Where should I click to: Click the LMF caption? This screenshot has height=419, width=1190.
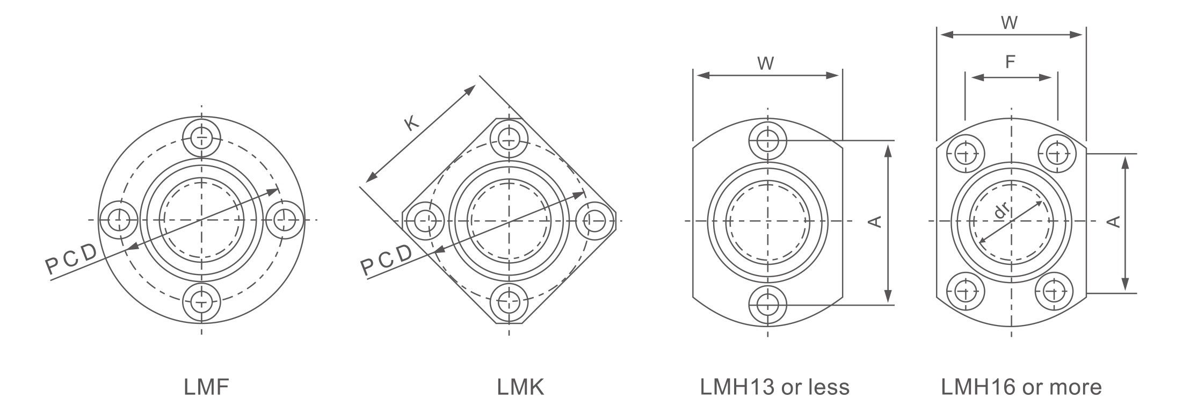click(x=206, y=387)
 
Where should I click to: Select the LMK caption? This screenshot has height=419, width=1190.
click(x=520, y=387)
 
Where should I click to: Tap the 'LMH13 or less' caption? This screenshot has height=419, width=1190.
click(x=775, y=387)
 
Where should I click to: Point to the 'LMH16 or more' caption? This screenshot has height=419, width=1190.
click(x=1021, y=387)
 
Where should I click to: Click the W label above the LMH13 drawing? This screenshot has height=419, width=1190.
click(x=766, y=63)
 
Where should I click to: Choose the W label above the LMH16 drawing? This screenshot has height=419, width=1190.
click(x=1010, y=23)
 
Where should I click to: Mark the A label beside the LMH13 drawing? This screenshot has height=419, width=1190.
click(x=875, y=221)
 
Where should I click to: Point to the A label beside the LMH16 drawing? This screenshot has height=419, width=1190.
click(x=1114, y=221)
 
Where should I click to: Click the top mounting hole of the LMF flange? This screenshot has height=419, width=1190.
click(x=201, y=139)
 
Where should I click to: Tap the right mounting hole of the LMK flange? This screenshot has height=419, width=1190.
click(x=595, y=220)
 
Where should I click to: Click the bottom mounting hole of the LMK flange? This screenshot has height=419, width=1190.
click(x=509, y=303)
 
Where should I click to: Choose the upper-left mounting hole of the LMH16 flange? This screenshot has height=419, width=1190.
click(x=966, y=154)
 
